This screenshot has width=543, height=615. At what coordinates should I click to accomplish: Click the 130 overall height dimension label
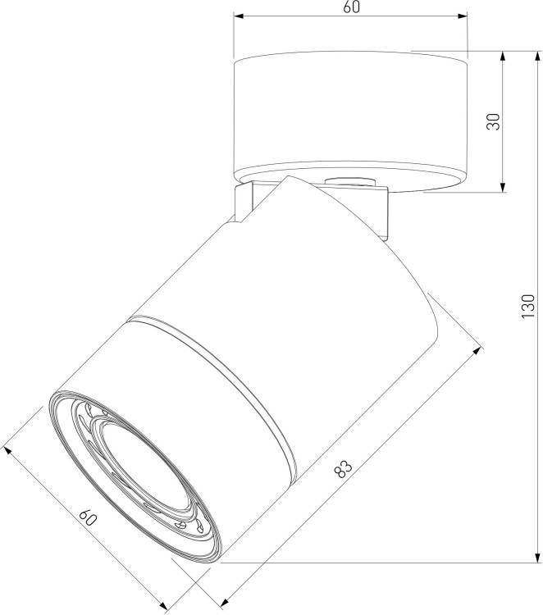pos(528,306)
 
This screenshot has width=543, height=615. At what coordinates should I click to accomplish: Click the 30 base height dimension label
pos(494,121)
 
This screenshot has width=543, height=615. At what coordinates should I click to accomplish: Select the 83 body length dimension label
pos(344,468)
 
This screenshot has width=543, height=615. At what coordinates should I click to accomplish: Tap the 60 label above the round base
pos(351,7)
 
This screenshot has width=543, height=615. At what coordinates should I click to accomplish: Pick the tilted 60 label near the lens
pos(88,517)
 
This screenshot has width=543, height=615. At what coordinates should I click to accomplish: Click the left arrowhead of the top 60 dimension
pos(239,16)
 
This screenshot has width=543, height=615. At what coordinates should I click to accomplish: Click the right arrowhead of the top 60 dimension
pos(463,16)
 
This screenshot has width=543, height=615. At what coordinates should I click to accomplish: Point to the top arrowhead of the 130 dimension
pos(536,57)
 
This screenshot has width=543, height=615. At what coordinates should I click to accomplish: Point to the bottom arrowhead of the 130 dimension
pos(536,558)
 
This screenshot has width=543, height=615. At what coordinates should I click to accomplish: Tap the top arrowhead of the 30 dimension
pos(502,57)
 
